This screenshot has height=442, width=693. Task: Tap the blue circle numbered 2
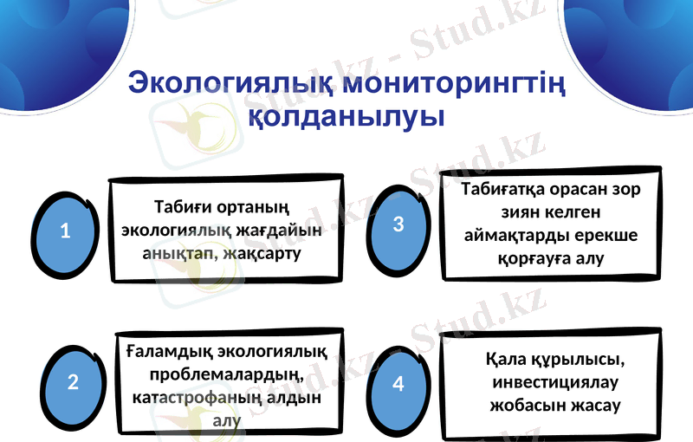[x=73, y=381]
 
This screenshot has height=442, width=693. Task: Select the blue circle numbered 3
[x=398, y=224]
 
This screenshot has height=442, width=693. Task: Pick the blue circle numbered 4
[x=398, y=382]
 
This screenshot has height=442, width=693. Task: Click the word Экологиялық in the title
[x=231, y=85]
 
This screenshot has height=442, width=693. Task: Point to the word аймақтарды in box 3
[x=515, y=236]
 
